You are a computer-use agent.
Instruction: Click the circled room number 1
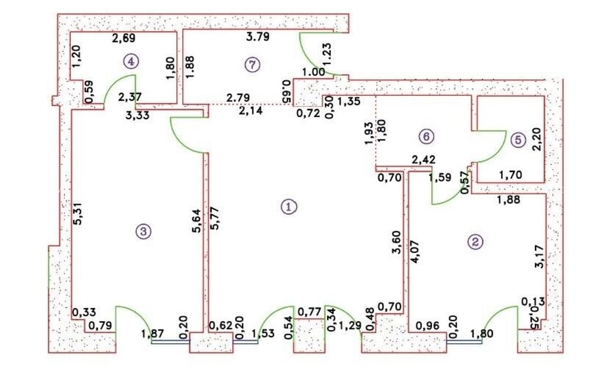point(288,206)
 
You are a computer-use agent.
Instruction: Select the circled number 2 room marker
point(475,242)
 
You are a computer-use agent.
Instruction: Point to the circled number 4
point(131,62)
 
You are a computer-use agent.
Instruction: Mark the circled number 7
point(252,64)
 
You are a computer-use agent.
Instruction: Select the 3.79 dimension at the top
point(258,37)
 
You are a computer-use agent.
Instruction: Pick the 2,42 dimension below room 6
point(424,160)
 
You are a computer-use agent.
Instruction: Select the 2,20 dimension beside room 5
point(537,139)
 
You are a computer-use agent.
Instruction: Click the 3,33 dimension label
point(137,115)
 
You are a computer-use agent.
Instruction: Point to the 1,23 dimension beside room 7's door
point(327,52)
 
